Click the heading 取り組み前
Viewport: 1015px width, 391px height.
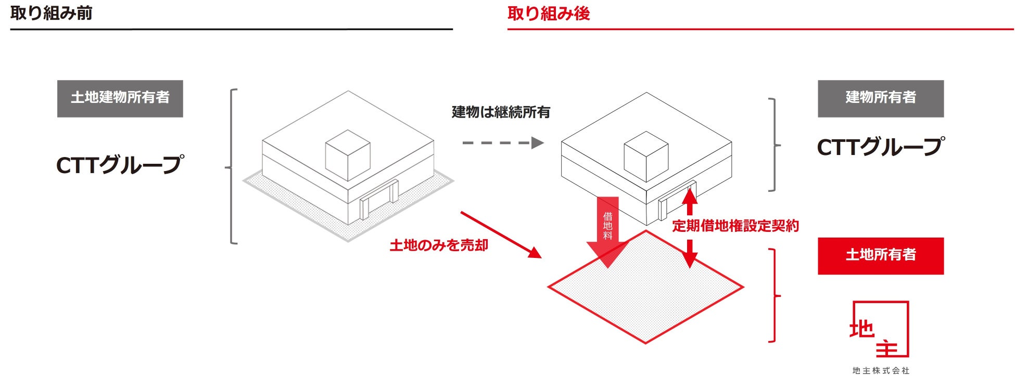51,13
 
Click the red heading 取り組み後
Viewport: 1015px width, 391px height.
549,13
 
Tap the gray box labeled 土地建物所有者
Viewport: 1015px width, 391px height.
120,98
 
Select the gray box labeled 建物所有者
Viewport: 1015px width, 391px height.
880,98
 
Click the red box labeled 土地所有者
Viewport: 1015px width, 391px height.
880,256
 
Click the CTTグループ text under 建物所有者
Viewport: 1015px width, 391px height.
880,147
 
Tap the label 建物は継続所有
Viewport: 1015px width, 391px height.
501,112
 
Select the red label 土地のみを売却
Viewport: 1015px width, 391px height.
439,245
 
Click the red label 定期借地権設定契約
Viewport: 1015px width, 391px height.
735,226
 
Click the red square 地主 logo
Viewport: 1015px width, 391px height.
880,329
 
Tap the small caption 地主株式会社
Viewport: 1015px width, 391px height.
881,371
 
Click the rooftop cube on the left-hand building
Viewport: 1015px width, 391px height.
348,155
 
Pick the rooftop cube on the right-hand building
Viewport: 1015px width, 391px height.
646,155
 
